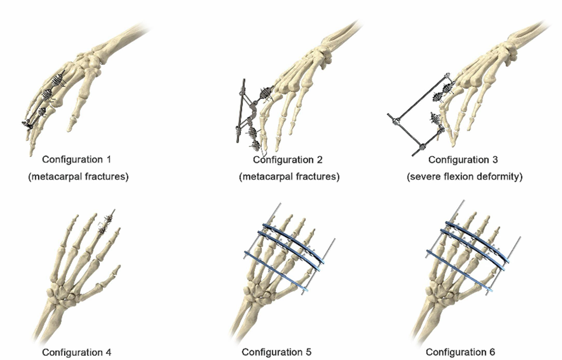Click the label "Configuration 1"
click(77, 159)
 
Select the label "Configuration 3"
click(463, 160)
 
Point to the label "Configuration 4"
click(77, 352)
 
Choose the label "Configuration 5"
click(276, 352)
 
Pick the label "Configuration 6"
click(460, 352)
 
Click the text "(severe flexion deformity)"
click(464, 176)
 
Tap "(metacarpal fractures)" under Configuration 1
click(78, 176)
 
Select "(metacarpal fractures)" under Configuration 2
click(289, 176)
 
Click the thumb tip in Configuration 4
click(117, 269)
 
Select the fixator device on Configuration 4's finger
click(107, 223)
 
